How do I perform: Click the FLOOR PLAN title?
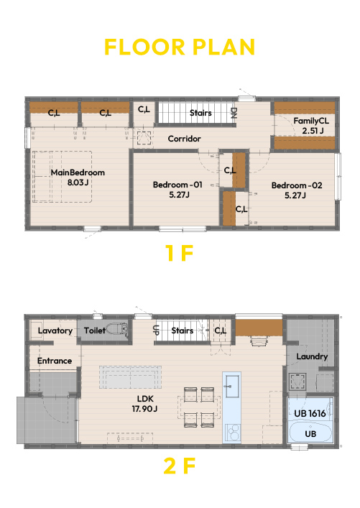[180, 47]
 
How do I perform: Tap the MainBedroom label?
[78, 172]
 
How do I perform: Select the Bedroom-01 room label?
[177, 185]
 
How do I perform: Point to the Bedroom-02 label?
[297, 185]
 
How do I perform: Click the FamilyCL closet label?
[311, 121]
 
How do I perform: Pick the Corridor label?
[185, 139]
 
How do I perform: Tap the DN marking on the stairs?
[234, 113]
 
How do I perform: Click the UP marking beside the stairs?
[155, 330]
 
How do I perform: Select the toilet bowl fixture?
[117, 329]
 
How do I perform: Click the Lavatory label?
[55, 331]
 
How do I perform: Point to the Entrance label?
[55, 361]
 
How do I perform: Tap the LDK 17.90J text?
[145, 404]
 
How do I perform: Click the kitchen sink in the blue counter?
[232, 387]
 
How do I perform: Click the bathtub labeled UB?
[310, 432]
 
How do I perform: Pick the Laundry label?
[312, 356]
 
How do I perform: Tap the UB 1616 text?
[310, 413]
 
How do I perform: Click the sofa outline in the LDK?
[130, 377]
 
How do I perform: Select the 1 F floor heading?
[179, 253]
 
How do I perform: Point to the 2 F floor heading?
[180, 466]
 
